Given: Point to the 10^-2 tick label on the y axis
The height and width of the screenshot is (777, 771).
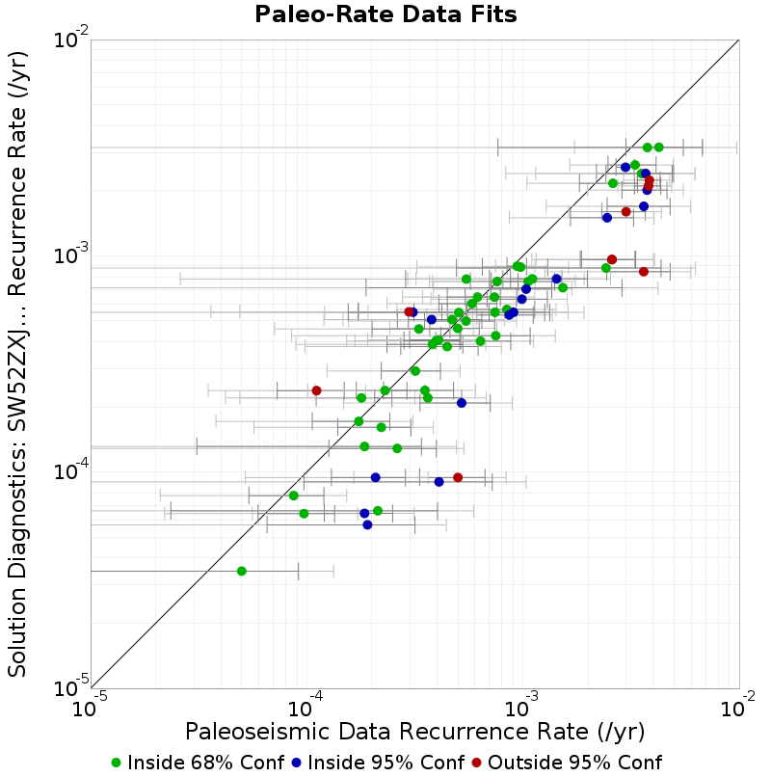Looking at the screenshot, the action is click(x=72, y=40).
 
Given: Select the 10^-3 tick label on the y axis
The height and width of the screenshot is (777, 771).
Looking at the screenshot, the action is click(x=72, y=255).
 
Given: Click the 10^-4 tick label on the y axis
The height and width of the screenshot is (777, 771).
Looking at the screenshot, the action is click(x=72, y=471).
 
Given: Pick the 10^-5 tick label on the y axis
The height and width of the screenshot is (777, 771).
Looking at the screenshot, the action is click(x=72, y=687).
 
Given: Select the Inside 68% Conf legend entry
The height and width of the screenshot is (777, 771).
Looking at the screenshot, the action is click(x=199, y=763).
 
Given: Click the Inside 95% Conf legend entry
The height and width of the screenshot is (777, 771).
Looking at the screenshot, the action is click(x=379, y=763).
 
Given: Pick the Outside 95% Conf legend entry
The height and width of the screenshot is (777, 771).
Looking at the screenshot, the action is click(x=567, y=763).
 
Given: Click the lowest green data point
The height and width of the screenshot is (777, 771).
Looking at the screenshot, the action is click(x=242, y=572).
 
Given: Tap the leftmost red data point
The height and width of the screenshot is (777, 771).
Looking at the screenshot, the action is click(x=317, y=391).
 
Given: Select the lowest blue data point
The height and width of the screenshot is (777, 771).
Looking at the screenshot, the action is click(x=367, y=524).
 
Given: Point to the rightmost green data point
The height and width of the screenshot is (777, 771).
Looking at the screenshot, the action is click(x=659, y=147).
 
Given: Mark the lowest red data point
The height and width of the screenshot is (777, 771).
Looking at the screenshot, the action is click(x=459, y=478).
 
